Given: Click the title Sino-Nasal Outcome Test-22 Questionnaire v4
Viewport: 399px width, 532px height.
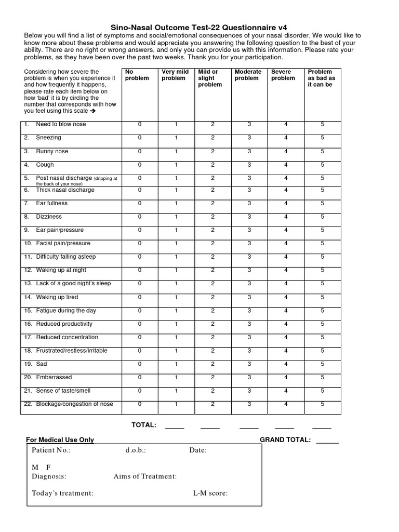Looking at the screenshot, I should (x=199, y=27).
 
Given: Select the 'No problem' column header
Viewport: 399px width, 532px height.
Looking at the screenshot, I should (x=137, y=75).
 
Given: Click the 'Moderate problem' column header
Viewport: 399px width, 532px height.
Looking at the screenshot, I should (x=247, y=75).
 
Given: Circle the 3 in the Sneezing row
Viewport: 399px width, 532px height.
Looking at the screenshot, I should (x=249, y=138).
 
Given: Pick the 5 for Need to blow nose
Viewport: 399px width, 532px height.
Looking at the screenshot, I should (x=322, y=124).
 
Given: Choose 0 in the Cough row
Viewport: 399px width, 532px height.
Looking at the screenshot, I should (x=139, y=165).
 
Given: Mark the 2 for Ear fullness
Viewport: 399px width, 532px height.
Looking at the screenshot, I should (x=212, y=203).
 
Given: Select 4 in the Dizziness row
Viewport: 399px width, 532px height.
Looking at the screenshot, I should (x=285, y=217).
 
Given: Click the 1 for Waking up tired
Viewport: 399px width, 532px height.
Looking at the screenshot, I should (x=176, y=297).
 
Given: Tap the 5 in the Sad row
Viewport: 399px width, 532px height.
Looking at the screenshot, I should (x=322, y=364).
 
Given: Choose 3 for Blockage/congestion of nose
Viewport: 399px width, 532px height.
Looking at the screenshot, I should (x=249, y=404).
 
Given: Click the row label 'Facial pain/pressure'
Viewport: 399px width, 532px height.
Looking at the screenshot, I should (x=63, y=243).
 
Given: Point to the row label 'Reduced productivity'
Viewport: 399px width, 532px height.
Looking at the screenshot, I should (x=64, y=324).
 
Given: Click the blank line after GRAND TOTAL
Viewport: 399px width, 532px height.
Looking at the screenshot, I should (x=327, y=442).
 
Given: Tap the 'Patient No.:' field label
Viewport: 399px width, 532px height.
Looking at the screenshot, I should (x=51, y=450).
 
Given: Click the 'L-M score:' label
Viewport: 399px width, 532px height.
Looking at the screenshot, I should (x=210, y=493).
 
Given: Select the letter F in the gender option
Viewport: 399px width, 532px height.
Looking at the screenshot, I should (x=48, y=467).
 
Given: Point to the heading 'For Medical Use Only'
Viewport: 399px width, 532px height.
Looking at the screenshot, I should (x=60, y=440).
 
